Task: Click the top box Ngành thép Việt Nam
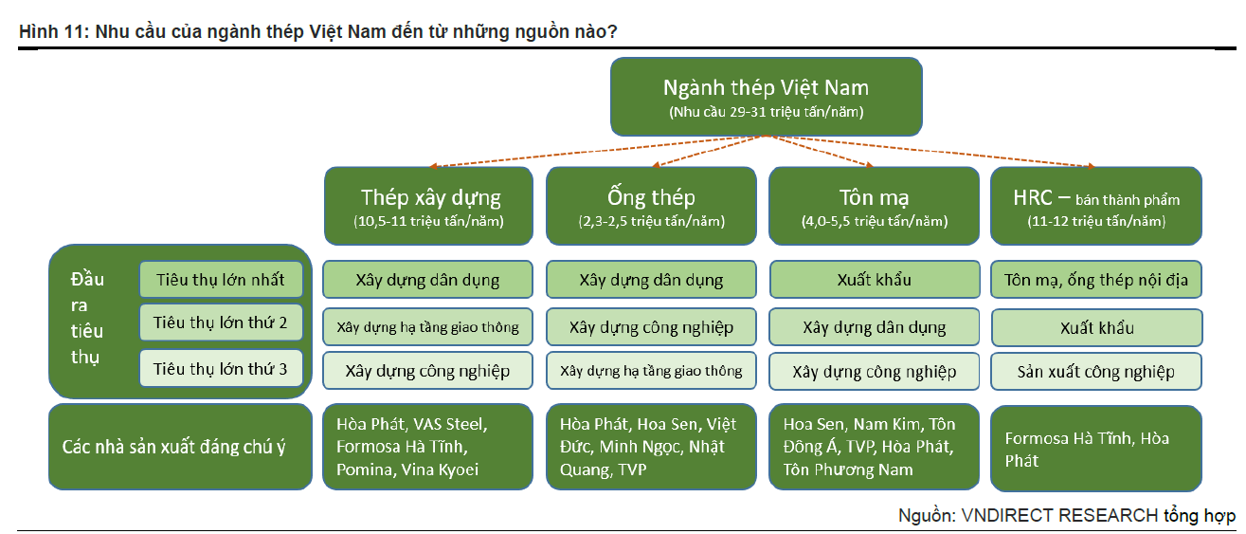(766, 97)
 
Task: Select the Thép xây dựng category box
(428, 206)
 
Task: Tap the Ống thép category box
(651, 206)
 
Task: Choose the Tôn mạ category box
(874, 206)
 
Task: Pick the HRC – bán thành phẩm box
(1095, 206)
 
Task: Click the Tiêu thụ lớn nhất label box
(221, 280)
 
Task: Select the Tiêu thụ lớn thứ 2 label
(221, 322)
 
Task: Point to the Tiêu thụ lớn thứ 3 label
(221, 369)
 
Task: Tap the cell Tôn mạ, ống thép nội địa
(1095, 280)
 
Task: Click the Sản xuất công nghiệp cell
(1095, 372)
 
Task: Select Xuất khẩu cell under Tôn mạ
(874, 280)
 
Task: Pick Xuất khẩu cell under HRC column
(1095, 327)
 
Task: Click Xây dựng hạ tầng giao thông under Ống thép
(651, 371)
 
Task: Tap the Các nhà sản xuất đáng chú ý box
(180, 447)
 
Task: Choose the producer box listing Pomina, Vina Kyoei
(427, 447)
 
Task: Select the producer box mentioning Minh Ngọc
(651, 447)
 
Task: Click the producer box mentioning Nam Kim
(874, 447)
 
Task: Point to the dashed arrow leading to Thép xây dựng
(598, 151)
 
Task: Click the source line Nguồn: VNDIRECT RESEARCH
(1066, 516)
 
